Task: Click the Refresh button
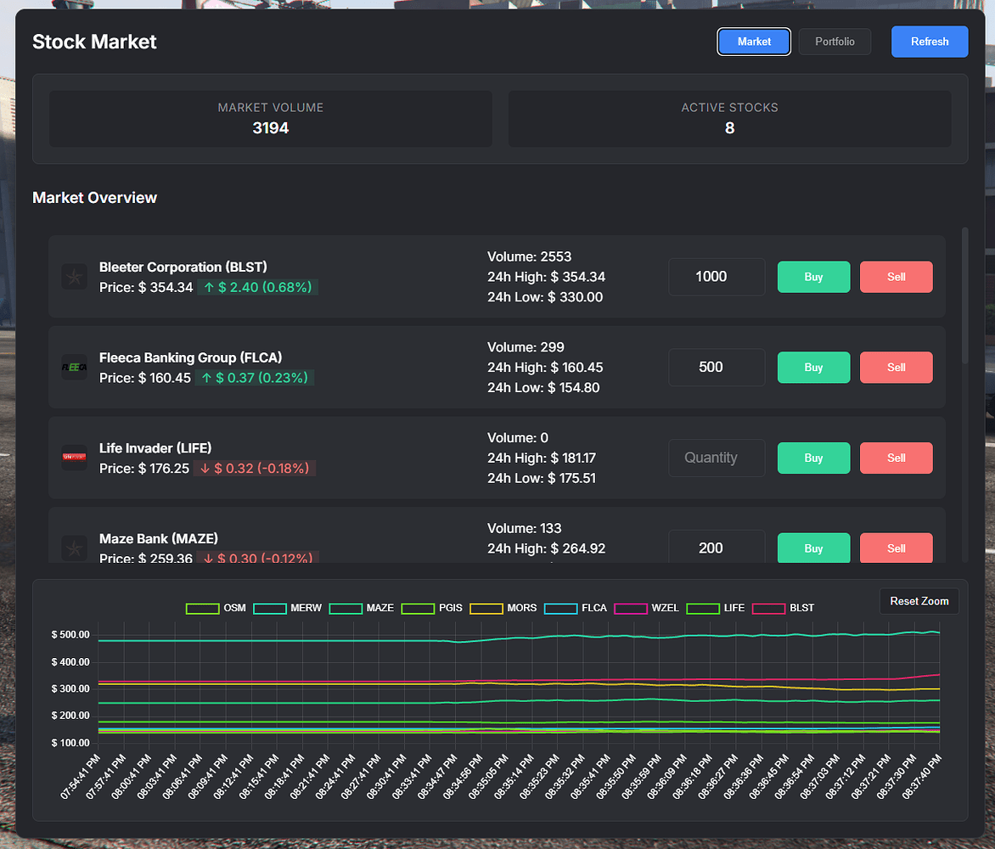tap(929, 42)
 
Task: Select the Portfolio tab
tap(835, 42)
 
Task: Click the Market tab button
tap(754, 42)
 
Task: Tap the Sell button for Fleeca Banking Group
tap(896, 368)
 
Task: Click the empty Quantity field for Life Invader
tap(717, 458)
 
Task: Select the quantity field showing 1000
tap(717, 277)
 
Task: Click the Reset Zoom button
tap(919, 601)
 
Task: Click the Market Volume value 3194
tap(271, 128)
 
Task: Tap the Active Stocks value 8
tap(729, 128)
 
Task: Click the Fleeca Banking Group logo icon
tap(74, 368)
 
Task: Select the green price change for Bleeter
tap(257, 288)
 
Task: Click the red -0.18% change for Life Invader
tap(255, 469)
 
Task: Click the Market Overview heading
tap(94, 198)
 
